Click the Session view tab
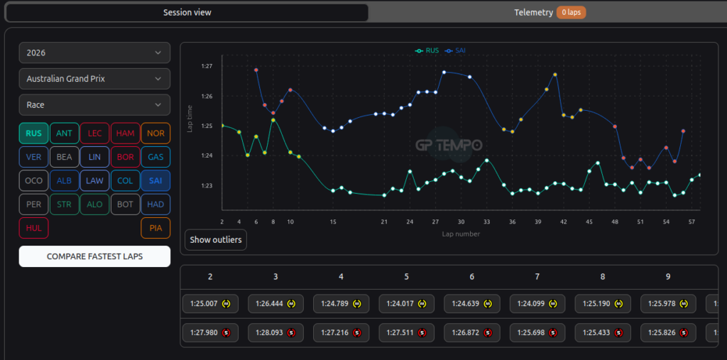coord(187,13)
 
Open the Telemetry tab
coord(533,13)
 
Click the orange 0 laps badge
coord(572,13)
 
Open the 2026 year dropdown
coord(94,53)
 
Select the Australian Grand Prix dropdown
coord(94,79)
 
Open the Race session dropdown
coord(94,105)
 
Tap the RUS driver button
coord(33,133)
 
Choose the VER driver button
coord(33,157)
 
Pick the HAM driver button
coord(125,133)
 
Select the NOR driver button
coord(155,133)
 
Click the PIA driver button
coord(155,228)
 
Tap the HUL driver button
coord(33,228)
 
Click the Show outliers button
coord(216,240)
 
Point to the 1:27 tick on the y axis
coord(207,66)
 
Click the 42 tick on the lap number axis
coord(564,222)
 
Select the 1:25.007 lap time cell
coord(210,304)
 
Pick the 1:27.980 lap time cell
coord(210,332)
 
